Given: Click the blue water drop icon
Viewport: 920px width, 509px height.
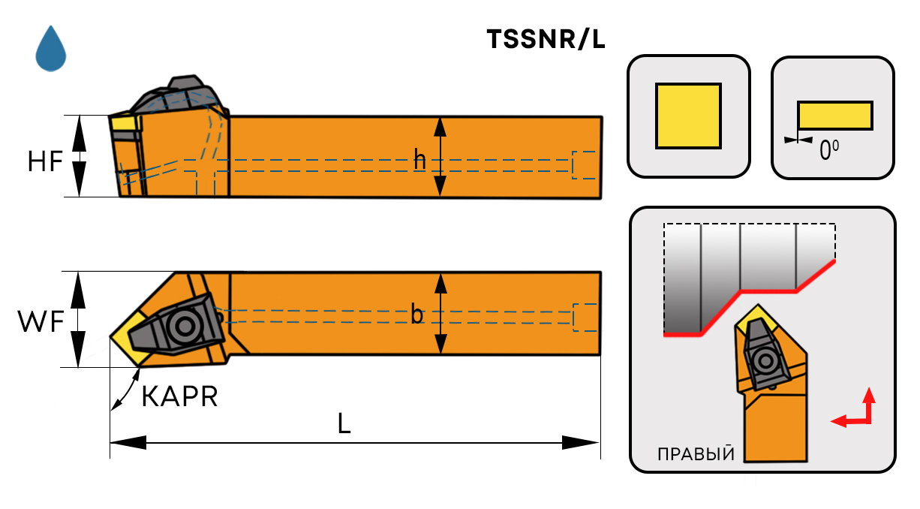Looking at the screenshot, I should click(51, 49).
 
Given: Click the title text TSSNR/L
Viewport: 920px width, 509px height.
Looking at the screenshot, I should click(546, 40).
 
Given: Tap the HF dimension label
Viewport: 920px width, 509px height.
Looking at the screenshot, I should click(44, 161).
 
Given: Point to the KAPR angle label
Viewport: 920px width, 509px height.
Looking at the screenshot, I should click(179, 396).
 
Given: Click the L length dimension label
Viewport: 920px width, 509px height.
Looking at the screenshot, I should click(344, 425).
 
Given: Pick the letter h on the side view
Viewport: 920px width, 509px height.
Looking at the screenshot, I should click(420, 158).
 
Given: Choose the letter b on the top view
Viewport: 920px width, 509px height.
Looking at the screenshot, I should click(417, 315).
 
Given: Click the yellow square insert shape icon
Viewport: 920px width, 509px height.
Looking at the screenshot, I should click(688, 116).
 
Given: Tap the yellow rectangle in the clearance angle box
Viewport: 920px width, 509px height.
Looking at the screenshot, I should click(834, 116).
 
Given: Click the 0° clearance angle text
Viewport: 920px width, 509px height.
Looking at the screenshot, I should click(828, 151).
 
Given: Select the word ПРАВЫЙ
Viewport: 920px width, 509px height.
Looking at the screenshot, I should click(695, 455).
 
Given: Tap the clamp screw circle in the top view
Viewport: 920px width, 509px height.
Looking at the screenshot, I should click(182, 326).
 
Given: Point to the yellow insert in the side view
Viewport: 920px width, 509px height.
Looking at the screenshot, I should click(124, 123).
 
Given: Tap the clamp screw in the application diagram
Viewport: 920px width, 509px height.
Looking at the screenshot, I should click(766, 361).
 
